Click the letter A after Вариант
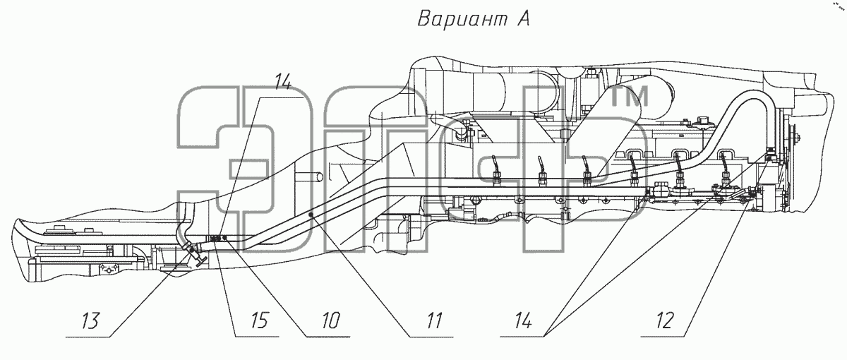(522, 18)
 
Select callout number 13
(90, 320)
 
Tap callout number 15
(260, 320)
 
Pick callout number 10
(331, 320)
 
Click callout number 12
(665, 320)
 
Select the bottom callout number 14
(523, 320)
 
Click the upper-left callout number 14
(282, 82)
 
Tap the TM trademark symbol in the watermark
(630, 96)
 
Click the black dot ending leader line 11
(311, 215)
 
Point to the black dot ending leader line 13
(192, 251)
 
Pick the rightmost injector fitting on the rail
(726, 177)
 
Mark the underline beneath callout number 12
(662, 336)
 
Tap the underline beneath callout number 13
(88, 336)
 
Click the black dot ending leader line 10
(224, 238)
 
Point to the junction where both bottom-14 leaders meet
(544, 336)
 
